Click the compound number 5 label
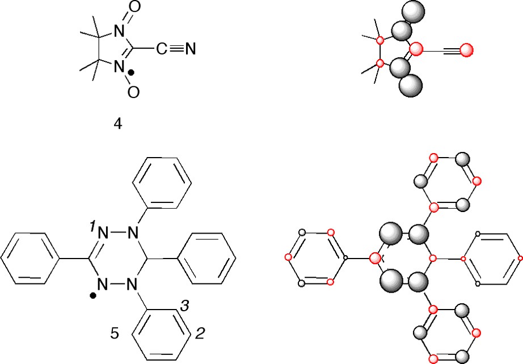[x=115, y=334]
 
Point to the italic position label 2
[x=200, y=334]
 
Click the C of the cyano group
[x=162, y=49]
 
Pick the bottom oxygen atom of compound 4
[x=133, y=91]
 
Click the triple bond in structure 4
[x=175, y=49]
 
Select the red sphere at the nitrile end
[x=466, y=50]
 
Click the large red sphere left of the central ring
[x=375, y=258]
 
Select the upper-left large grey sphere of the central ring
[x=390, y=233]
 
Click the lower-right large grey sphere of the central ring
[x=418, y=281]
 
